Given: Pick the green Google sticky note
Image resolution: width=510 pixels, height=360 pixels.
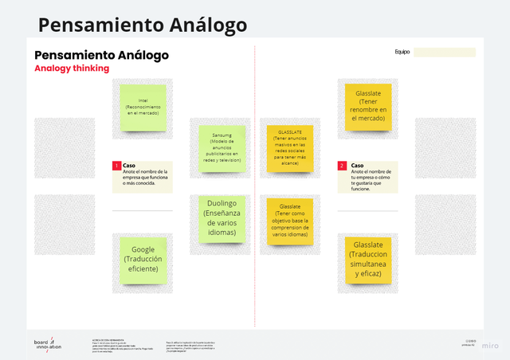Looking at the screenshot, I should pyautogui.click(x=143, y=260).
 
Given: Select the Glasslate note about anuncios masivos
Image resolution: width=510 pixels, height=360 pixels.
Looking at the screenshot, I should pyautogui.click(x=289, y=148).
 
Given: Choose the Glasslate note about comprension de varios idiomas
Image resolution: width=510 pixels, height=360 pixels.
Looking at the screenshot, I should pyautogui.click(x=289, y=221).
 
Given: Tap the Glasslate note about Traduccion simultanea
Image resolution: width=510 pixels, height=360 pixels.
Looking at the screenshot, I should pyautogui.click(x=367, y=259).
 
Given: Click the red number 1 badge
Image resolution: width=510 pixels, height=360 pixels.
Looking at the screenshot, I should pyautogui.click(x=116, y=166).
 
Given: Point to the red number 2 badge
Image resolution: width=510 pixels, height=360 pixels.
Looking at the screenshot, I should pyautogui.click(x=342, y=166).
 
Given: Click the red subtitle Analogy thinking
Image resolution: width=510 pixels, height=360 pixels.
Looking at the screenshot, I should pyautogui.click(x=72, y=68).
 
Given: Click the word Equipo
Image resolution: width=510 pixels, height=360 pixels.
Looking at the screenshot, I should pyautogui.click(x=402, y=53).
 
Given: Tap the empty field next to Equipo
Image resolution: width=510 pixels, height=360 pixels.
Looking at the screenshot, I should pyautogui.click(x=445, y=53).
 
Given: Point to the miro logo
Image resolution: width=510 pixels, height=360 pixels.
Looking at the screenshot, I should pyautogui.click(x=491, y=346).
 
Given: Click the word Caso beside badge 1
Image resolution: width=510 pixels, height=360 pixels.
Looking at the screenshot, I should pyautogui.click(x=129, y=166).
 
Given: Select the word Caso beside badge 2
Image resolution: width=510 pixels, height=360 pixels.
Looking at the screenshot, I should pyautogui.click(x=357, y=166).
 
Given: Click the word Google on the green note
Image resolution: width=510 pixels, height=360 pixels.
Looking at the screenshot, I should pyautogui.click(x=144, y=249).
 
